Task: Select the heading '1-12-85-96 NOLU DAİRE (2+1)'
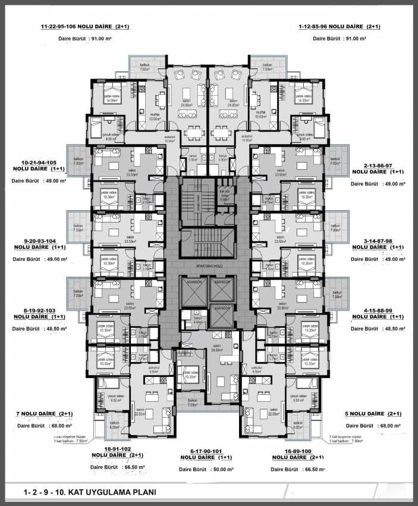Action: coord(340,27)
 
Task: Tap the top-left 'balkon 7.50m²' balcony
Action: coord(144,67)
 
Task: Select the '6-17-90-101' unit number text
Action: coord(209,451)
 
